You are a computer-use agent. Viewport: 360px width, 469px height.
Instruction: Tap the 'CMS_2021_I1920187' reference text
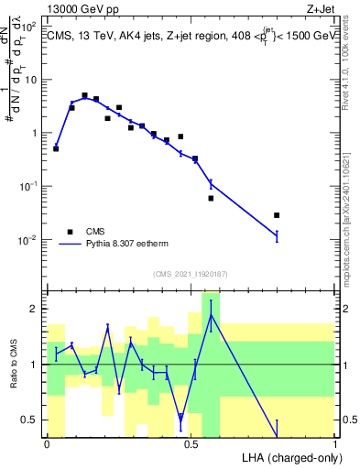pos(191,274)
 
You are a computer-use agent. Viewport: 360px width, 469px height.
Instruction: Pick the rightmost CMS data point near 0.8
pos(277,215)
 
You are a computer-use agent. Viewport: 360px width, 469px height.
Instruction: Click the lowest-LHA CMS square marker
pos(56,148)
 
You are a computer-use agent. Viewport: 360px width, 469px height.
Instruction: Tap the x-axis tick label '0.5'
pos(191,444)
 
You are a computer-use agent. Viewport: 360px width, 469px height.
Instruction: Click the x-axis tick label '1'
pos(335,444)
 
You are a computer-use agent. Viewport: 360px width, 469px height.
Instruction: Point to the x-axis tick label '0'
pos(47,444)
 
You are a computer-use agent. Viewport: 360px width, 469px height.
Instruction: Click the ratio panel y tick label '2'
pos(34,309)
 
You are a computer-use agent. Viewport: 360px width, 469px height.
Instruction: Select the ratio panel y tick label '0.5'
pos(29,420)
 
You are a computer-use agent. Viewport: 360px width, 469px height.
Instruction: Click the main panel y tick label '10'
pos(29,79)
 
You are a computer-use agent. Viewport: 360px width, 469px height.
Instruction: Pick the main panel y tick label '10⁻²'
pos(27,240)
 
